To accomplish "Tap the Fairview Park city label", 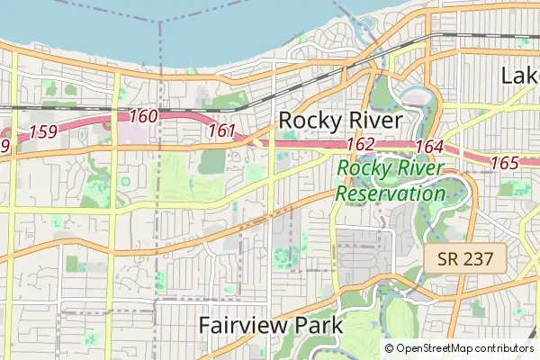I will pyautogui.click(x=270, y=325).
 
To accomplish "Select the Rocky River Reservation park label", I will pyautogui.click(x=390, y=180).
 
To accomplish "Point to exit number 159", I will pyautogui.click(x=44, y=132).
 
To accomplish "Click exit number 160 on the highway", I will pyautogui.click(x=143, y=116).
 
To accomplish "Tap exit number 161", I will pyautogui.click(x=221, y=130).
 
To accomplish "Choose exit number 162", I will pyautogui.click(x=360, y=144).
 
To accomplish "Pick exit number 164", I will pyautogui.click(x=430, y=147).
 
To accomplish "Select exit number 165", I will pyautogui.click(x=505, y=163).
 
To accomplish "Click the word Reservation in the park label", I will pyautogui.click(x=390, y=193).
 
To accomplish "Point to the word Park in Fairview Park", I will pyautogui.click(x=317, y=325).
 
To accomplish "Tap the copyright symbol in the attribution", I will pyautogui.click(x=389, y=348).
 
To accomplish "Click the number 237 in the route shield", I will pyautogui.click(x=478, y=259).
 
